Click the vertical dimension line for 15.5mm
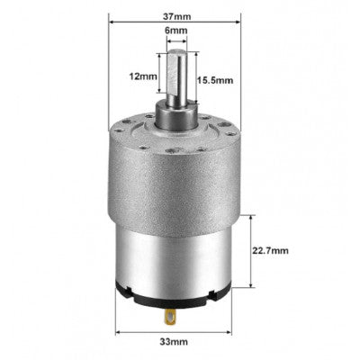pyautogui.click(x=192, y=80)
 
